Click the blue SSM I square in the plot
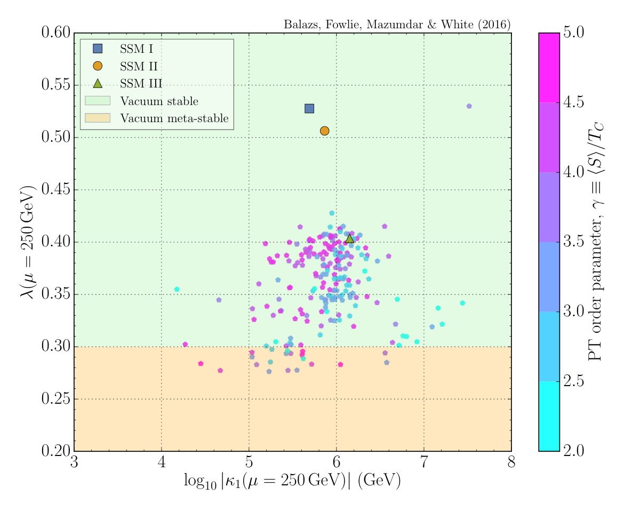[x=309, y=109]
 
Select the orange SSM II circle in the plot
[x=324, y=131]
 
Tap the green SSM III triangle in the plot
[x=349, y=238]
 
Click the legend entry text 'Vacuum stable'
[x=159, y=101]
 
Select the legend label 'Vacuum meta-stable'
[x=174, y=118]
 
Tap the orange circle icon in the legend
[x=98, y=66]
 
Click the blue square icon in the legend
[x=98, y=49]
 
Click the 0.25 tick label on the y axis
[x=56, y=398]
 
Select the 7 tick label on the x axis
[x=424, y=463]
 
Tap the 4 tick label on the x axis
[x=162, y=463]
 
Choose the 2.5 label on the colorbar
[x=574, y=381]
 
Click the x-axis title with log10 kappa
[x=292, y=481]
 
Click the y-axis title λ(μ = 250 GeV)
[x=28, y=242]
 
